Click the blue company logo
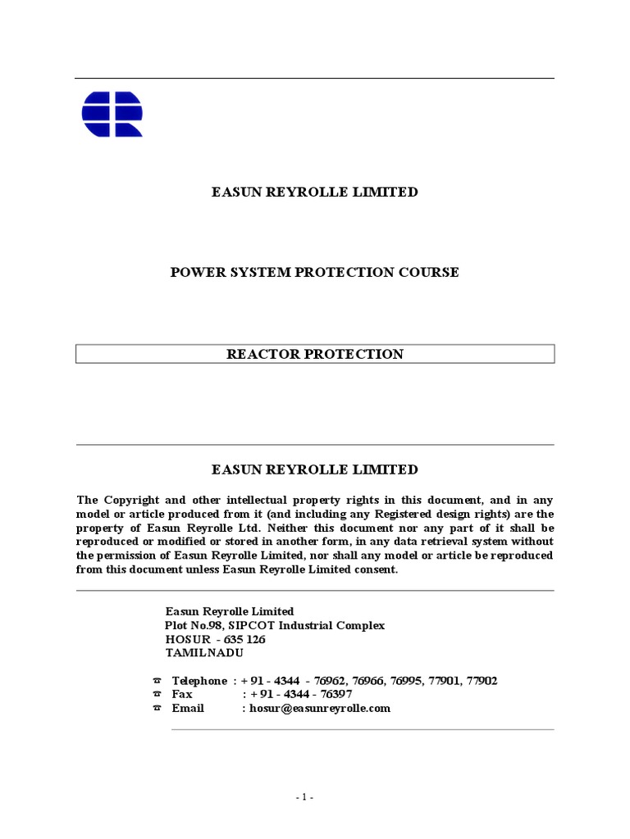pos(112,114)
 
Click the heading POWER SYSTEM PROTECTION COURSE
pos(314,272)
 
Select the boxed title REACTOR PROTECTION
pos(315,354)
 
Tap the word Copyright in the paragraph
pos(130,500)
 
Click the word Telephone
pos(199,681)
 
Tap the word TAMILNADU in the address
pos(204,653)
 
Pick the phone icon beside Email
pos(157,708)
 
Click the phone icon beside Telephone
pos(157,681)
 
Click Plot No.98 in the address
pos(192,625)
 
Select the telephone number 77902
pos(481,681)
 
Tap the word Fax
pos(182,694)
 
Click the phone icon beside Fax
pos(157,694)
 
